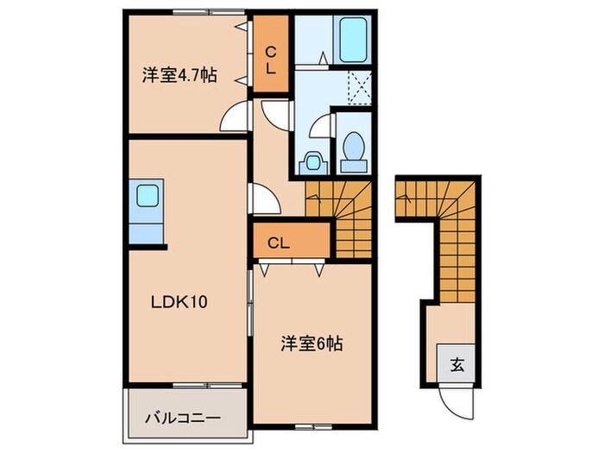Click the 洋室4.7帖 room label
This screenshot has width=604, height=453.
point(179,76)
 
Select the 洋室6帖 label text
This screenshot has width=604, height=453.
point(311,343)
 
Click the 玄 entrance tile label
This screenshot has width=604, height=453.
point(456,365)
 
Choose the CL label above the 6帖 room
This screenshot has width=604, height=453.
point(277,242)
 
